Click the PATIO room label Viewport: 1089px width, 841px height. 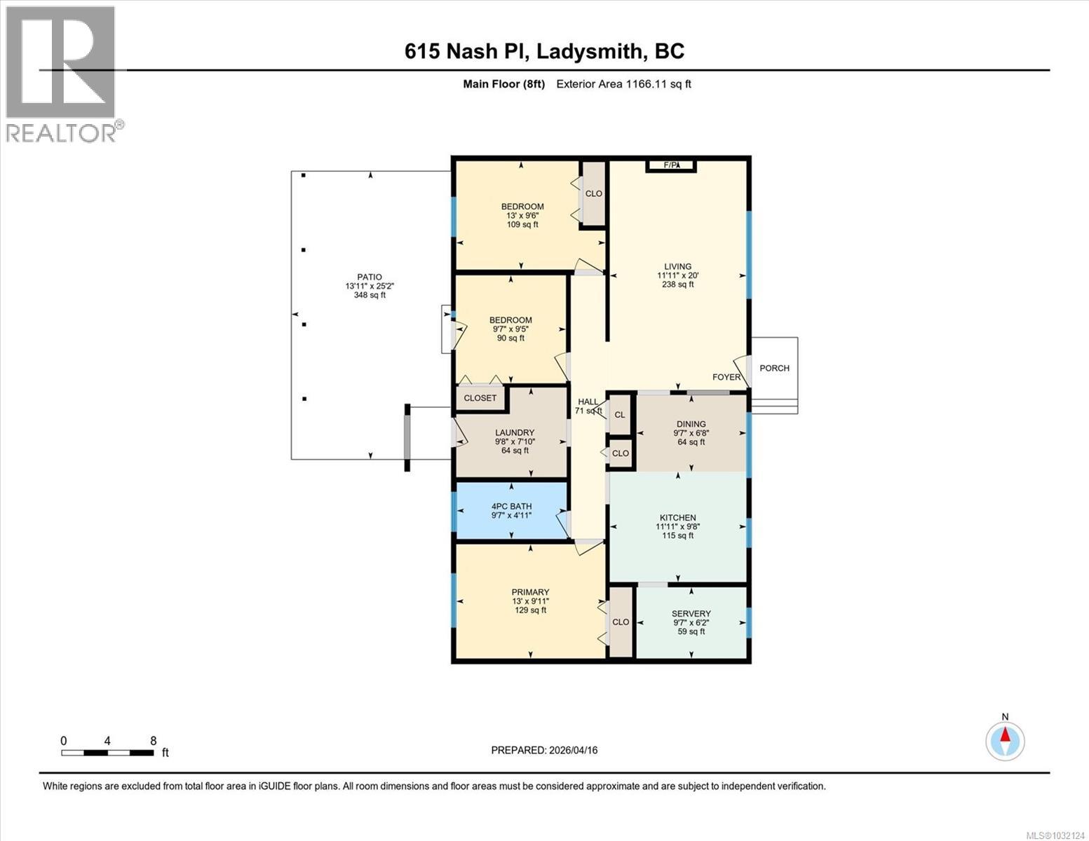(x=370, y=278)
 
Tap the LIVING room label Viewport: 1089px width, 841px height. (x=677, y=267)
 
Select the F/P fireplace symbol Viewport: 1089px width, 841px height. (x=671, y=165)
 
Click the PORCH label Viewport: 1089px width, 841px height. (x=774, y=368)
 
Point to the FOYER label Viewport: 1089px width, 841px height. (x=726, y=377)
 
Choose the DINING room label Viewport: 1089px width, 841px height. (x=691, y=424)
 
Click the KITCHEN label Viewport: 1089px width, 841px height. (x=677, y=518)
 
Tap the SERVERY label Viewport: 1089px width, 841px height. (x=691, y=614)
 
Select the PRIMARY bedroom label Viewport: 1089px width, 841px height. (x=530, y=592)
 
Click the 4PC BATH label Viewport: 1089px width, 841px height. (x=511, y=506)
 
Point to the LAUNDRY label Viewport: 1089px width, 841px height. (x=515, y=433)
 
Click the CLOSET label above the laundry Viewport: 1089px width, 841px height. (x=480, y=398)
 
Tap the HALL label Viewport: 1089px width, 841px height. (x=588, y=402)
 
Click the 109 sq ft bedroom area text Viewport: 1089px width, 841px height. (x=522, y=225)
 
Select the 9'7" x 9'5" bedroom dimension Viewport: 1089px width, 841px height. (x=510, y=329)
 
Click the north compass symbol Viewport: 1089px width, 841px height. (x=1005, y=741)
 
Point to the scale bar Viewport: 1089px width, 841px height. (x=107, y=753)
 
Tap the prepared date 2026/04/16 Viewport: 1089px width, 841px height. (x=572, y=750)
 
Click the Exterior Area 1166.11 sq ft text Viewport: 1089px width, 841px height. (x=623, y=84)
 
